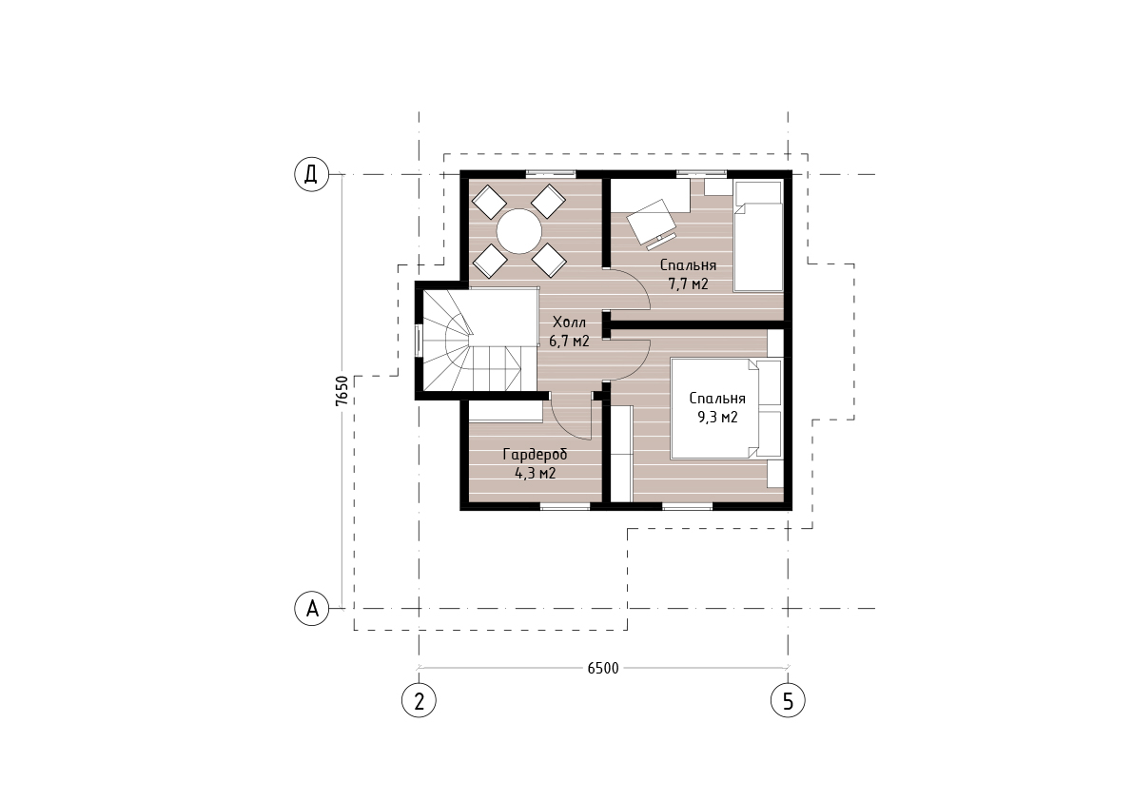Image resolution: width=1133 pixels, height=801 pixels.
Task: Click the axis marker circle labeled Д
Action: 311,174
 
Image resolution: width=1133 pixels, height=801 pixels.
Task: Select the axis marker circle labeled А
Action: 311,608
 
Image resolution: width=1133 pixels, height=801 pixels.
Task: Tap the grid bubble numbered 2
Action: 420,700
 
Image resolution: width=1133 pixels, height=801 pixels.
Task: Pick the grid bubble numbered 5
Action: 788,700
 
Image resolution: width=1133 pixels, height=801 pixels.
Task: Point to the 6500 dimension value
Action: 603,668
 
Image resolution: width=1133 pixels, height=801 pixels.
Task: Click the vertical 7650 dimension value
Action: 342,391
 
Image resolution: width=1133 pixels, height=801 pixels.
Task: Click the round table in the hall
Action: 518,230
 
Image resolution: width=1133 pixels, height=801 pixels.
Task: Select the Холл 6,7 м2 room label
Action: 570,331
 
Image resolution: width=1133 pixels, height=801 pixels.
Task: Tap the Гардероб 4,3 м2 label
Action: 535,463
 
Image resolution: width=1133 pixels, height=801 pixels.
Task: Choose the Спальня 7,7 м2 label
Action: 688,275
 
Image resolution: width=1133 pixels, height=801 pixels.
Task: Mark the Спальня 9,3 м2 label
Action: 716,407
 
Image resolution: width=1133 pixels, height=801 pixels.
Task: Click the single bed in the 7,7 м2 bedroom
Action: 758,236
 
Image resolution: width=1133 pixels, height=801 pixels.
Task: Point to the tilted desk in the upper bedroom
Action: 652,221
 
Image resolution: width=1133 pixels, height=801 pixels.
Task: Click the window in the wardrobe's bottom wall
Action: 564,506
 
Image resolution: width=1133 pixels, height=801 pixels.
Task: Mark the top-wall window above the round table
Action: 551,173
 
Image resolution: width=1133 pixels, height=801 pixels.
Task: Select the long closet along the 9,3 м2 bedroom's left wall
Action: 622,453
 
